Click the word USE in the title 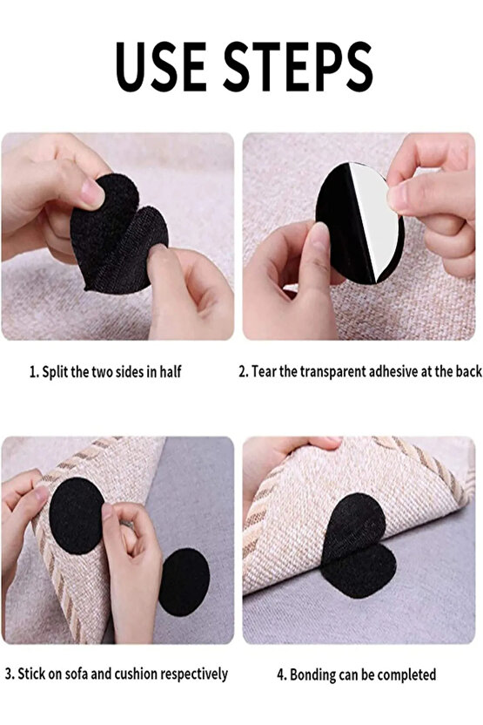161,66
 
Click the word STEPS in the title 298,66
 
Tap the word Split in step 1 55,372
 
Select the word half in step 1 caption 171,372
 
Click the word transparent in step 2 333,372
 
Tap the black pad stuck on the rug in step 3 77,516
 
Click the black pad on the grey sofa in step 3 184,582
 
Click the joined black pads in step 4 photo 358,545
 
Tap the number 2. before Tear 244,372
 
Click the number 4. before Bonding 282,675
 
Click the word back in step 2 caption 469,371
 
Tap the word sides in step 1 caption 130,372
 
